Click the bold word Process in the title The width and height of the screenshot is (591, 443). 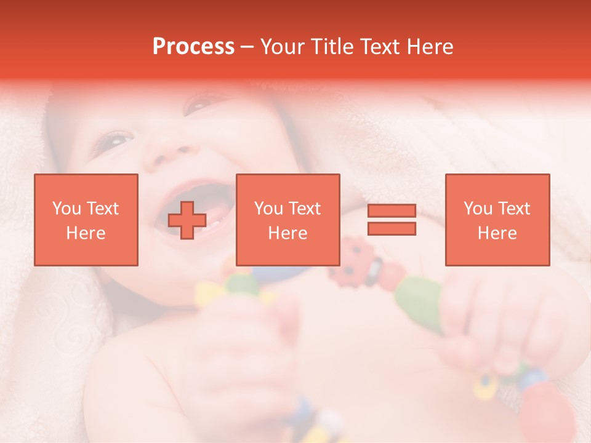tap(193, 47)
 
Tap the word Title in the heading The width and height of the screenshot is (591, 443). tap(332, 47)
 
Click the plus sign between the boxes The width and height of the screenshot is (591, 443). tap(187, 220)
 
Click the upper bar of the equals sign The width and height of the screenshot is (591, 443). tap(392, 211)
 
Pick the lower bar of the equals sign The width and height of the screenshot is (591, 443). tap(392, 228)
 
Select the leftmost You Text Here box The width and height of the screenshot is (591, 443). tap(86, 220)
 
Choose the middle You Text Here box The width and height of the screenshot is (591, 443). tap(288, 220)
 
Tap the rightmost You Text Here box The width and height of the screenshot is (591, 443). tap(497, 220)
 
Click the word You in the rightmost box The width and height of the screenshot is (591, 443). tap(477, 209)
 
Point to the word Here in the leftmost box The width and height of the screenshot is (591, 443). tap(86, 233)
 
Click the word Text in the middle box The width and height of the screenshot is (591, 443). tap(304, 209)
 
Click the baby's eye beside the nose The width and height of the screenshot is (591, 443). tap(117, 140)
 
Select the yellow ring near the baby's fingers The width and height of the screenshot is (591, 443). tap(486, 385)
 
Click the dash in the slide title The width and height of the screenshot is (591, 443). tap(247, 47)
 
